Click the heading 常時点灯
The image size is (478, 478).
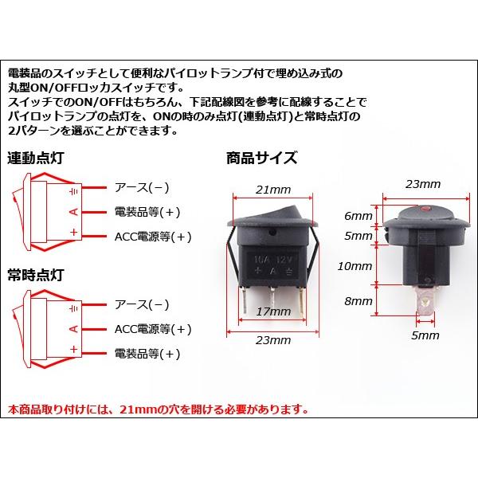37,275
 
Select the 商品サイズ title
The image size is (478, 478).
262,157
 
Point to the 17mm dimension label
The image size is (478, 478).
273,315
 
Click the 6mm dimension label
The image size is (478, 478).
358,217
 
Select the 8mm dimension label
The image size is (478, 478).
358,302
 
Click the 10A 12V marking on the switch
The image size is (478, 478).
274,260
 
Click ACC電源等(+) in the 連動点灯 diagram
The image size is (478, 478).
154,237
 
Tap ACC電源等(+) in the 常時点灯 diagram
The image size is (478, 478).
154,329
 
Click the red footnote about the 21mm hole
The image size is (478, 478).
157,410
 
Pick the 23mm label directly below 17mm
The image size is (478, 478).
273,341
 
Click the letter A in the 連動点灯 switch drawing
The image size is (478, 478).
73,211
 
